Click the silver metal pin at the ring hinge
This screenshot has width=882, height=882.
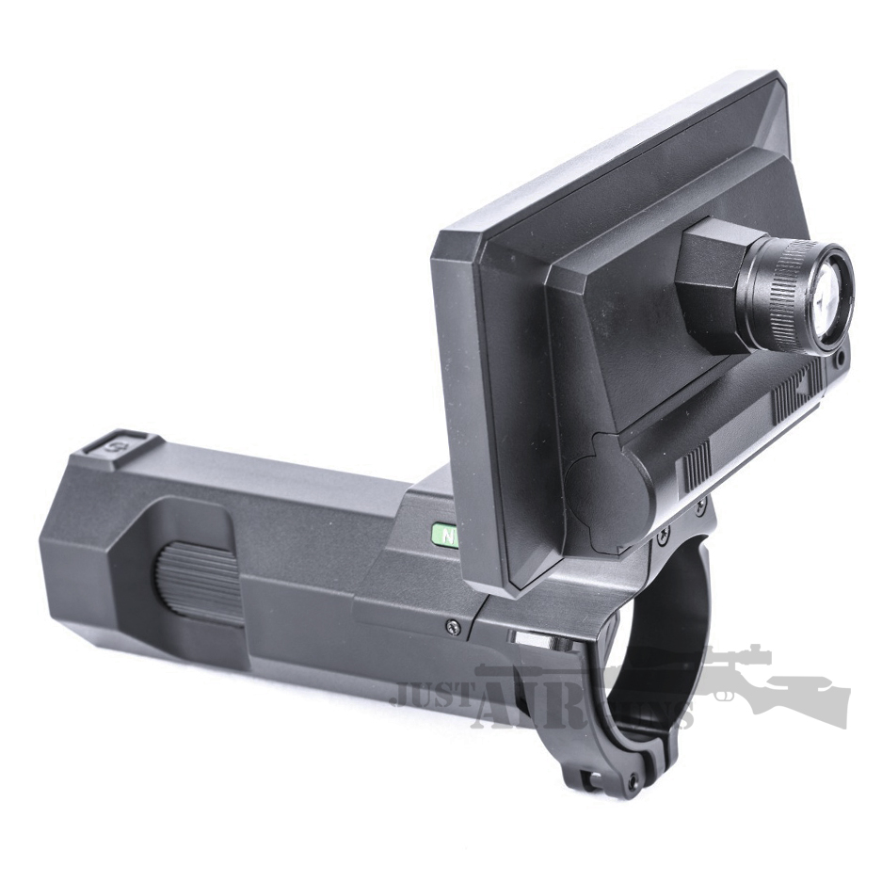(528, 639)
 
